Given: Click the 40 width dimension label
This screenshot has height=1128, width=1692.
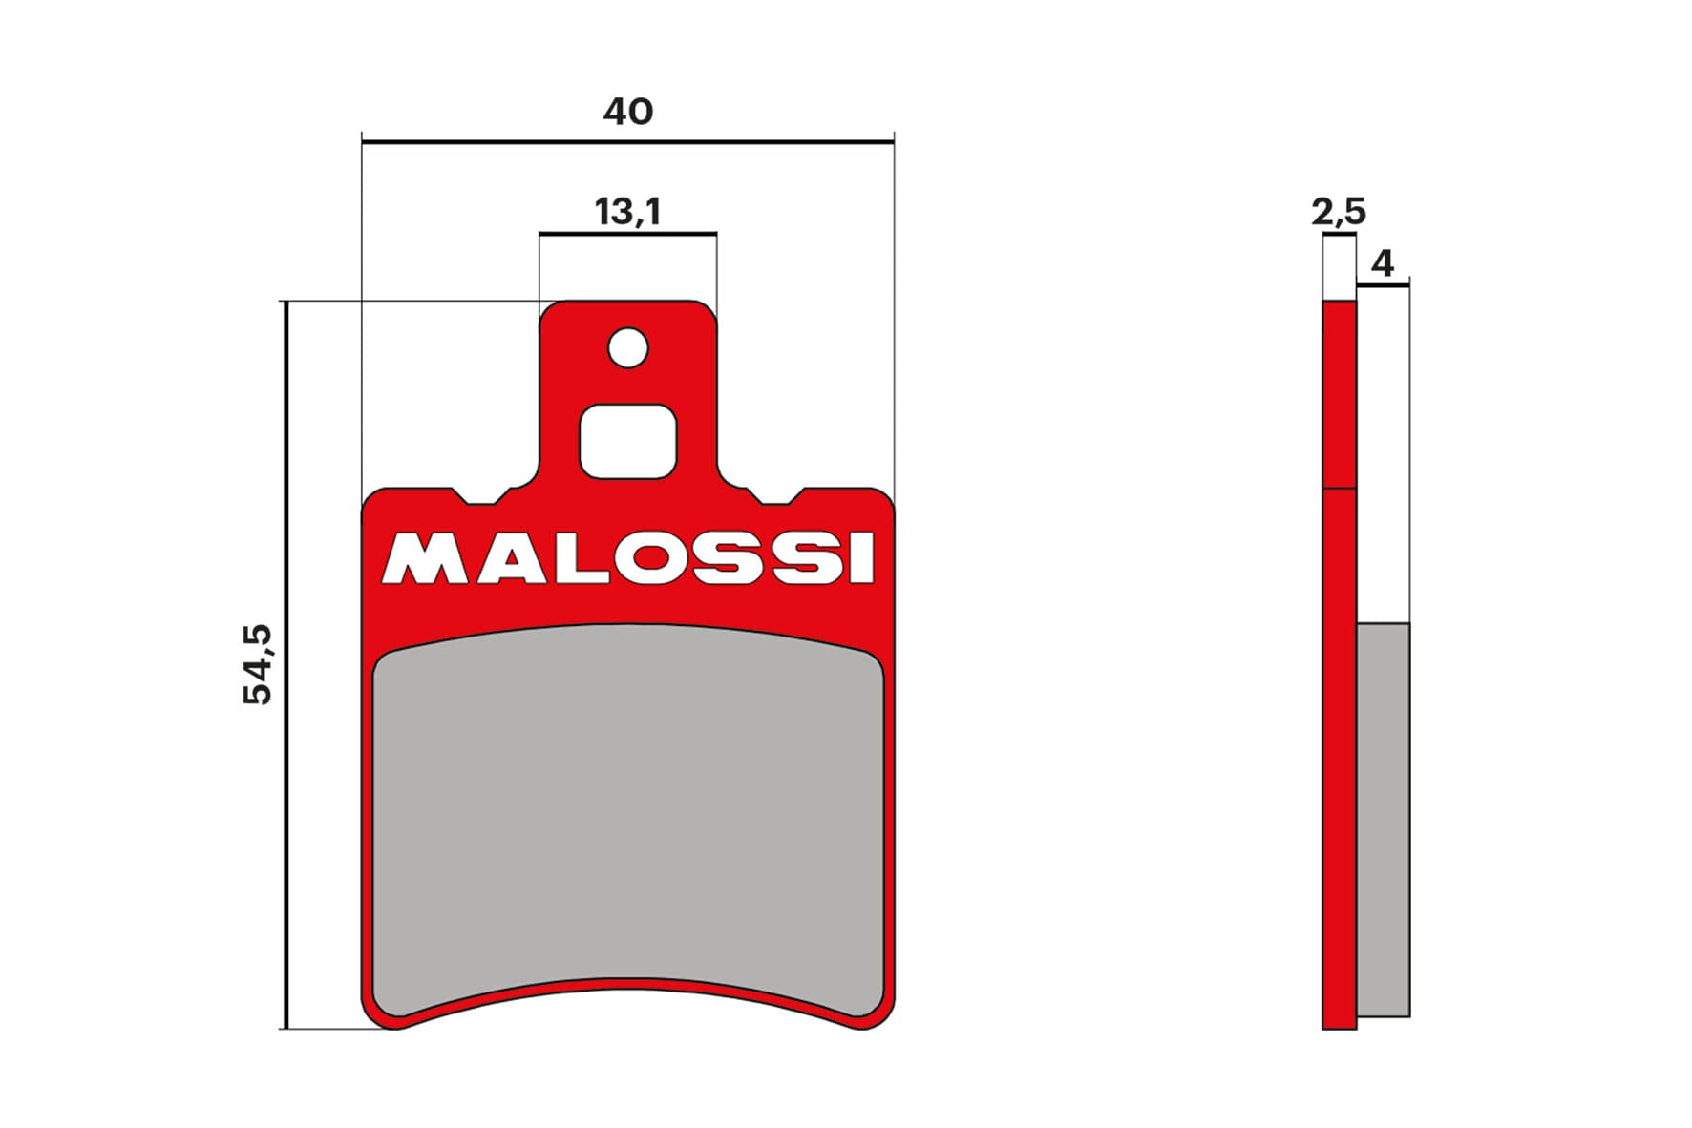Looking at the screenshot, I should [627, 112].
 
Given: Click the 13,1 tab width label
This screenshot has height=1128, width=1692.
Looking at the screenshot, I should [627, 211].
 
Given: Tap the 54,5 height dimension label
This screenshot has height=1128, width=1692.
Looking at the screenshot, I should [258, 664].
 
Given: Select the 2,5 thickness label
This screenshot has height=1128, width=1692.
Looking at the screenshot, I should [1338, 211].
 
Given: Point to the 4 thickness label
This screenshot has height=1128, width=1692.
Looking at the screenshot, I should [1382, 262].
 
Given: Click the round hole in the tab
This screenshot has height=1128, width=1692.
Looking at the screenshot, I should [627, 347].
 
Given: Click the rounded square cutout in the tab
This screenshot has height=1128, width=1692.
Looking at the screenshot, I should [627, 441].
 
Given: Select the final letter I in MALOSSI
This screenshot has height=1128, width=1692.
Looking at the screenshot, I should [861, 559].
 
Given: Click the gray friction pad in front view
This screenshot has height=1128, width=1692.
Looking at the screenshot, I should [627, 811].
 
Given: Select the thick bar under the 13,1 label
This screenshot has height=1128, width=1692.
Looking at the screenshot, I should [627, 233].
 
